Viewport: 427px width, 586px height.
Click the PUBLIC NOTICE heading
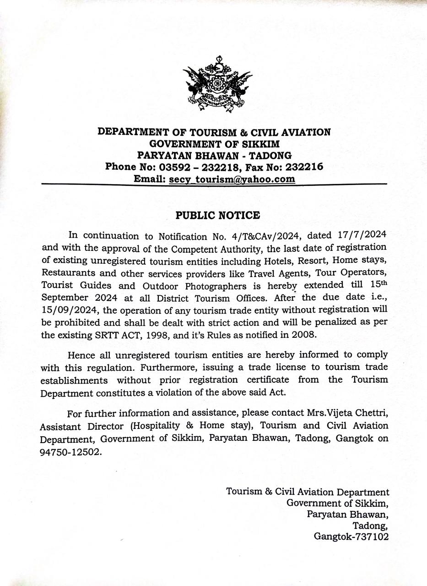[x=218, y=215]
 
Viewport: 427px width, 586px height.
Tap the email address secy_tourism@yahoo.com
[x=232, y=179]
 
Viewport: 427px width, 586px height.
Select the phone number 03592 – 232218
[x=192, y=167]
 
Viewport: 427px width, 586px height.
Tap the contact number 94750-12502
[x=69, y=450]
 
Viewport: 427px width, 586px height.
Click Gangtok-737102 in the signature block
[x=351, y=536]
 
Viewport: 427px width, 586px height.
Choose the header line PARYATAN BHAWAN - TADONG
[x=214, y=155]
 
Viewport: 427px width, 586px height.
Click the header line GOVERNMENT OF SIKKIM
[x=214, y=144]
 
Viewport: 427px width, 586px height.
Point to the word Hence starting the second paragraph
[x=81, y=355]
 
